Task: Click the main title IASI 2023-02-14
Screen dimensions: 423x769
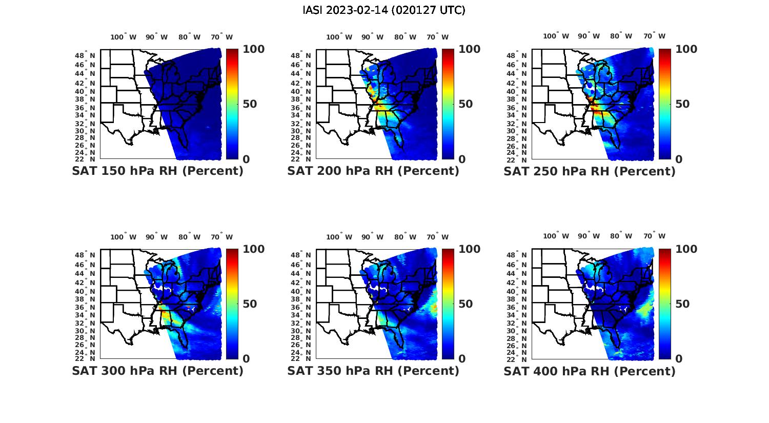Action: pos(384,10)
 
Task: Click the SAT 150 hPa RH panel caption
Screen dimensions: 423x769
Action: pos(158,171)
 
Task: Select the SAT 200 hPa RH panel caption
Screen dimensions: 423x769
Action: pos(373,171)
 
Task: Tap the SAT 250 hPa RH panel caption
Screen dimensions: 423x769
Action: pos(590,171)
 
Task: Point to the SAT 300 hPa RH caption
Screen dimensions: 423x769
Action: pos(158,371)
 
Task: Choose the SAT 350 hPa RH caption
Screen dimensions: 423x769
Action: pos(373,371)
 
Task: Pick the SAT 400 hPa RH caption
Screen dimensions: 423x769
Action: pos(590,371)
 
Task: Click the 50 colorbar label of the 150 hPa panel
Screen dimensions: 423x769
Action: pos(249,104)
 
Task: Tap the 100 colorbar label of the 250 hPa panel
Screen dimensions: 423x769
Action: pos(686,49)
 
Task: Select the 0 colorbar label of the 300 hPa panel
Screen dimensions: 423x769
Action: pos(246,359)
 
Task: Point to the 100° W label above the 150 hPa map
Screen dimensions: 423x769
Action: pos(124,37)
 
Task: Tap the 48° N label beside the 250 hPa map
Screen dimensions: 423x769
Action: pos(522,55)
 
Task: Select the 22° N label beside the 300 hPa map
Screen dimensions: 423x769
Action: pos(90,358)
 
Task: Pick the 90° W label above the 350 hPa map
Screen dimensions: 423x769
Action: pos(373,237)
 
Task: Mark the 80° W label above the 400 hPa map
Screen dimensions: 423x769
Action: pos(621,236)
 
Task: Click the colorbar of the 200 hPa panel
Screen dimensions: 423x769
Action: pos(448,104)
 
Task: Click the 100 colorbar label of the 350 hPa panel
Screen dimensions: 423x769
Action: pos(470,249)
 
